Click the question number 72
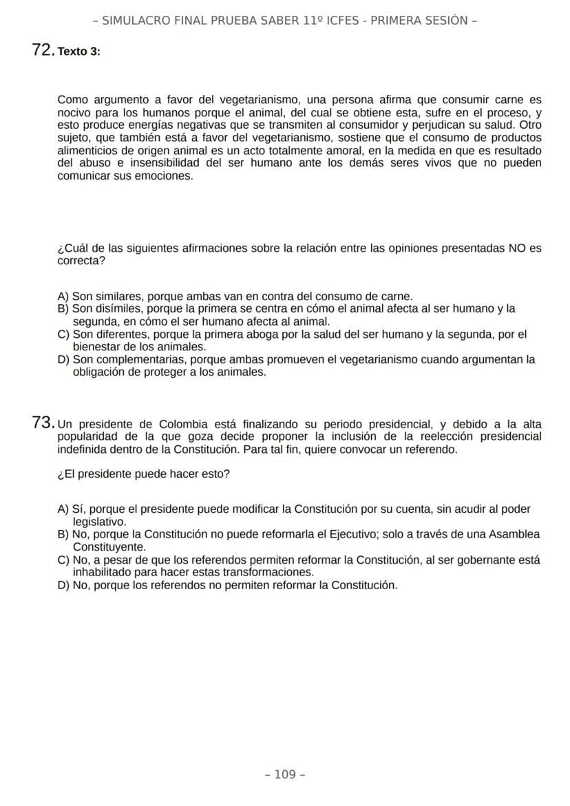click(43, 50)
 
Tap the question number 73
click(43, 423)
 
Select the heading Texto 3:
click(79, 52)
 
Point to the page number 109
click(285, 774)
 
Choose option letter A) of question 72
click(63, 297)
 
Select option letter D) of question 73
click(63, 585)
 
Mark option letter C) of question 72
click(63, 335)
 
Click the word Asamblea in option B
click(509, 534)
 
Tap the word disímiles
click(118, 309)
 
